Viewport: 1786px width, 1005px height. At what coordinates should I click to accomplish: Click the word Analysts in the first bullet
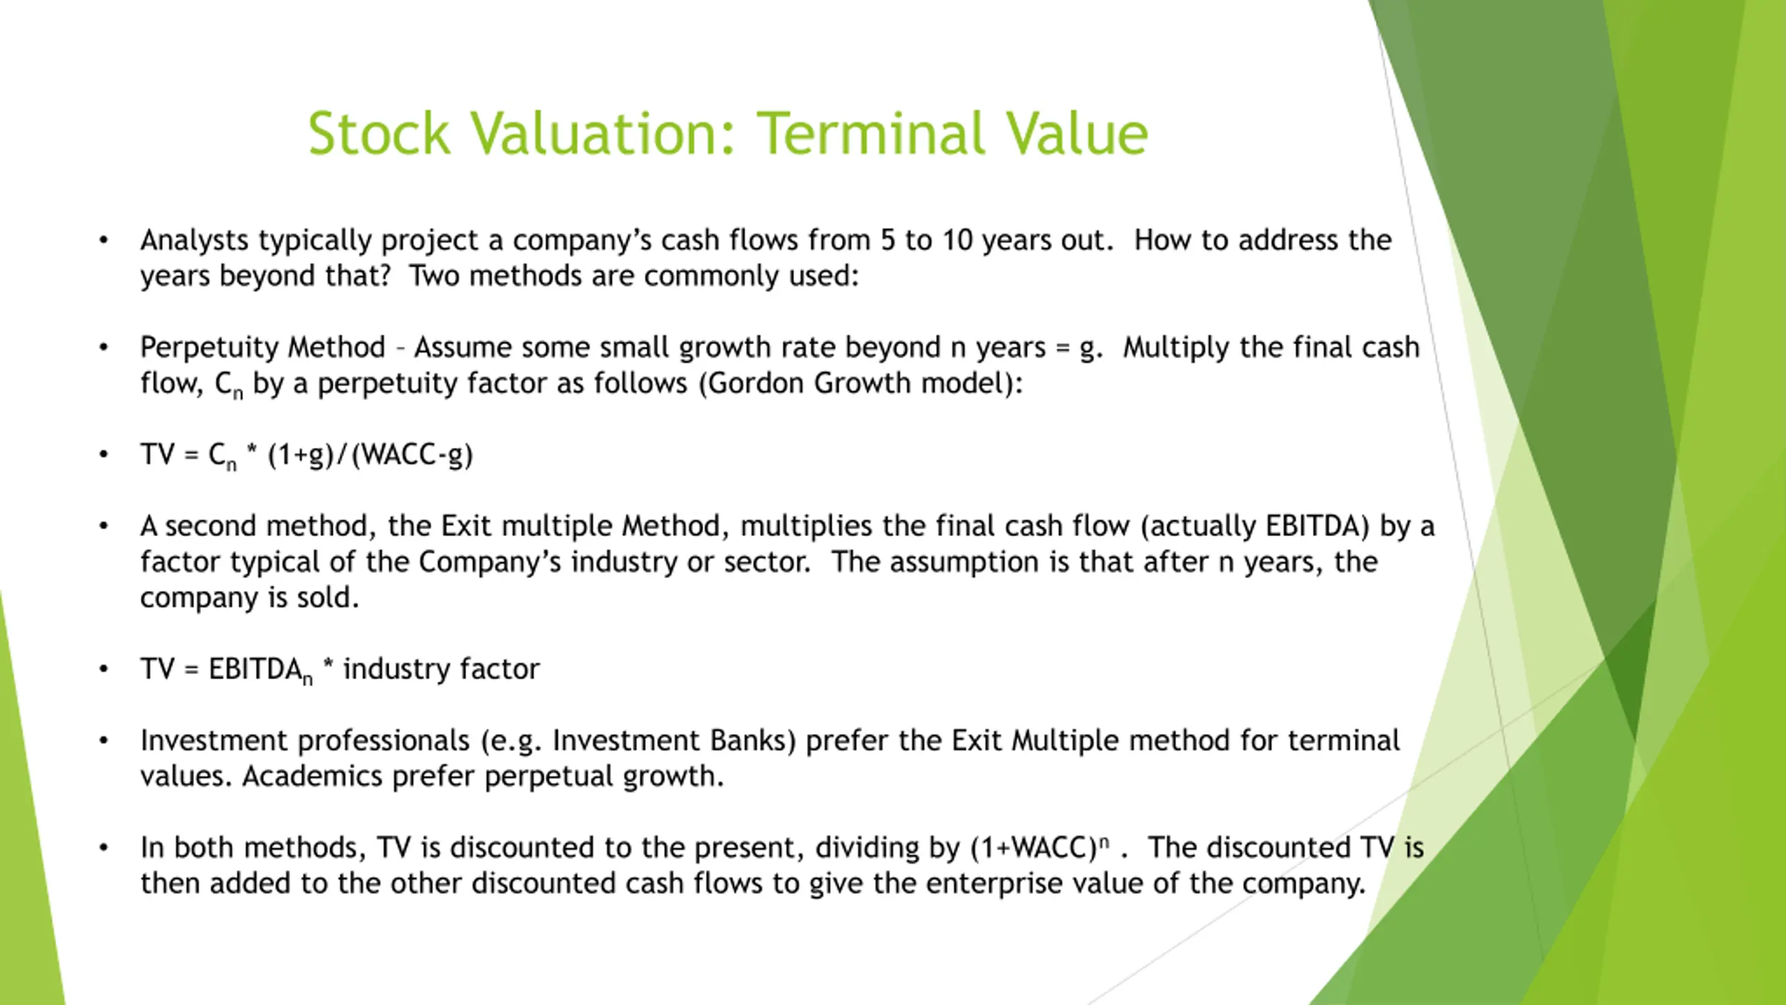coord(195,241)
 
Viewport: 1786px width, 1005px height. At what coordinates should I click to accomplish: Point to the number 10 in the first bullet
coord(957,240)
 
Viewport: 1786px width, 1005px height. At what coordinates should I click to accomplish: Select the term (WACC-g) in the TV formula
coord(412,455)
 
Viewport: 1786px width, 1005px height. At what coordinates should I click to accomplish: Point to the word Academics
coord(312,776)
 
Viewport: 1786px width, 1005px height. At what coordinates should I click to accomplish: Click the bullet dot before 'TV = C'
coord(104,455)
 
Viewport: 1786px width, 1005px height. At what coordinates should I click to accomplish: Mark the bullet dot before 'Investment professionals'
coord(104,740)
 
